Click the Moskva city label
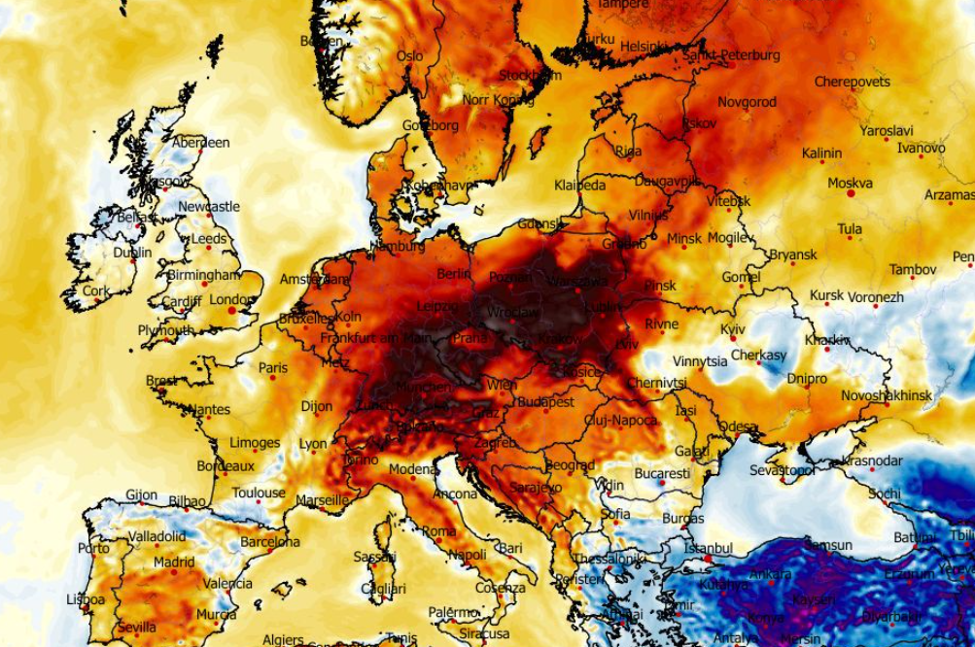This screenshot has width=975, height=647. (850, 183)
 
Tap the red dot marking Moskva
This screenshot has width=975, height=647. (851, 194)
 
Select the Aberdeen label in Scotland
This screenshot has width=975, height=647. (201, 143)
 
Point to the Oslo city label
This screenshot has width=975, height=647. (409, 56)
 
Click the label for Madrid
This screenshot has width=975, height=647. (174, 562)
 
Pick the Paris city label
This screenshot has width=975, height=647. (273, 368)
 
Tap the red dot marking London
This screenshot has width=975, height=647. (231, 311)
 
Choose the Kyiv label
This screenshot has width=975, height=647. (733, 329)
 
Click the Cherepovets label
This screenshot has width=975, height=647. (852, 82)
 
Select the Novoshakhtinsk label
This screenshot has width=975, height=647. (887, 395)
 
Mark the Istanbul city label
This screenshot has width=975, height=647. (708, 548)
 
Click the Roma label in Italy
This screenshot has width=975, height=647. (438, 531)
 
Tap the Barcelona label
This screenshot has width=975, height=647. (270, 541)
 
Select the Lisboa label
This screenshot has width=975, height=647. (86, 599)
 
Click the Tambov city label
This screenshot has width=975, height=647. (912, 269)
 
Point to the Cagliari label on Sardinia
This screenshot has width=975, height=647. (383, 589)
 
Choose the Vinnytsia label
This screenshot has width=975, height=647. (700, 361)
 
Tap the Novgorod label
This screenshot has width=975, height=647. (747, 102)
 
